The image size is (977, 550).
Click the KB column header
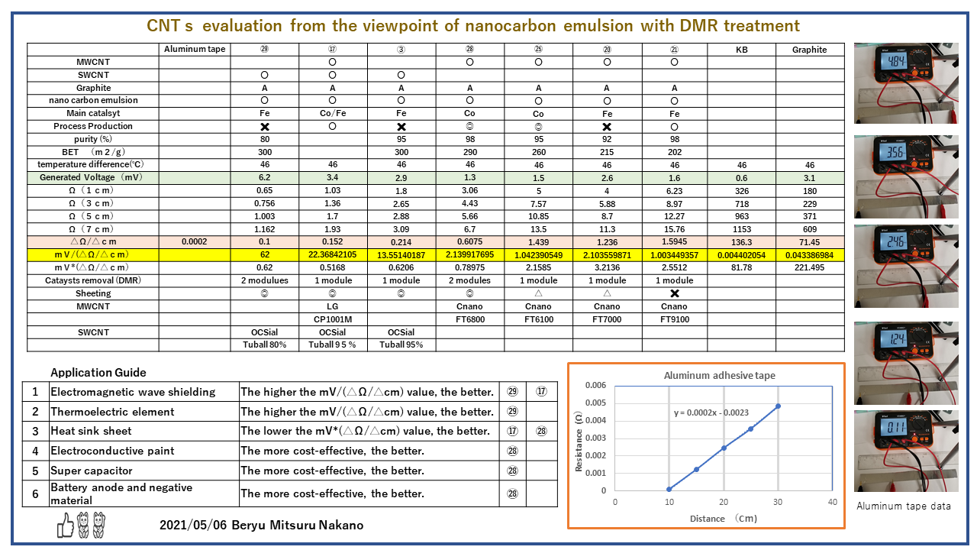point(741,50)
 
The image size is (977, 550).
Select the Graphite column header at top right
point(809,50)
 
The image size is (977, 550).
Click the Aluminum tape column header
point(195,50)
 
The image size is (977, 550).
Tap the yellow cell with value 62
point(264,254)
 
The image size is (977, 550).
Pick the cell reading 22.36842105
point(332,254)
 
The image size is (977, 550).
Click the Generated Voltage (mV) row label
point(94,177)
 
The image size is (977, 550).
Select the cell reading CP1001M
point(332,319)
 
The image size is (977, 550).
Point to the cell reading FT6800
point(469,319)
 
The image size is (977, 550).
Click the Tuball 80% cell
point(264,345)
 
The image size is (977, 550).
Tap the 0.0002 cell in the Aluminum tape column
point(195,241)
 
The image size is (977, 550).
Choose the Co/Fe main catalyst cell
point(332,113)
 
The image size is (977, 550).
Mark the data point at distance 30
point(778,406)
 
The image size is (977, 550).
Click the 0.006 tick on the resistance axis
point(596,385)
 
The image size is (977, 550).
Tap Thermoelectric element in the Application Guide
point(112,412)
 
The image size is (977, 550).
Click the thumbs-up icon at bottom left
point(66,526)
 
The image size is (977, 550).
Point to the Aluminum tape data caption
point(903,506)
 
